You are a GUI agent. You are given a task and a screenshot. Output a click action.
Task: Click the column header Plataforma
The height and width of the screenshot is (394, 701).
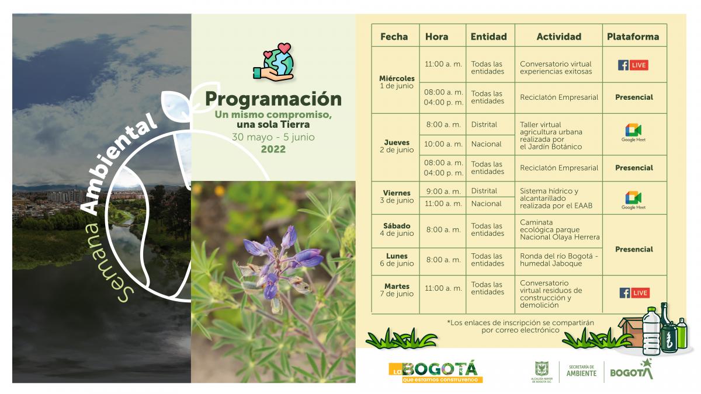tap(633, 37)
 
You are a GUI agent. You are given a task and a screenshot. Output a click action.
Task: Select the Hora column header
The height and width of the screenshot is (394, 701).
tap(436, 37)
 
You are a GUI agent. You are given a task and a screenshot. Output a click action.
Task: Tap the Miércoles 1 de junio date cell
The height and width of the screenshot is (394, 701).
tap(397, 82)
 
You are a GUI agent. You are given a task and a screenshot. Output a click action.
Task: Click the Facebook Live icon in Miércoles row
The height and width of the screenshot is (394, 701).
tap(633, 65)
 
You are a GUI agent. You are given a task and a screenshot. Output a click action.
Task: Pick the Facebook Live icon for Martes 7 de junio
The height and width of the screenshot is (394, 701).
tap(634, 293)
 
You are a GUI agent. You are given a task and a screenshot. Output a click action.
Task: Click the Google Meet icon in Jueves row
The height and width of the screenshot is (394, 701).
tap(633, 133)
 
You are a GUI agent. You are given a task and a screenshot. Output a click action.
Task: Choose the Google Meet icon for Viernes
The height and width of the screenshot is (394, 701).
tap(633, 200)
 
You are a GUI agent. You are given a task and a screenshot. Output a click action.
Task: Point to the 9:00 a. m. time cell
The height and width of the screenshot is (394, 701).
tap(443, 191)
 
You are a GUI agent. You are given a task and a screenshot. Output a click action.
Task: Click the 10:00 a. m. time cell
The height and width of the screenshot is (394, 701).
tap(443, 144)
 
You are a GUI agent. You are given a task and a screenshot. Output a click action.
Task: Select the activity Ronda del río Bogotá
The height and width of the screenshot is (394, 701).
tap(559, 260)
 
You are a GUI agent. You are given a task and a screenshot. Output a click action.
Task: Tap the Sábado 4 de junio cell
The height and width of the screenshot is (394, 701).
tap(397, 229)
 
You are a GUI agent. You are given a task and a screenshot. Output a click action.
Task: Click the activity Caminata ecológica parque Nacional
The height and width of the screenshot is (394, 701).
tap(560, 229)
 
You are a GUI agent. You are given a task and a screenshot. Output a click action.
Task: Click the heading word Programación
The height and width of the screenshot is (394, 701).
tap(273, 99)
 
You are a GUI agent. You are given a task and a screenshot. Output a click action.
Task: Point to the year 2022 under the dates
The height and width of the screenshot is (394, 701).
tap(273, 149)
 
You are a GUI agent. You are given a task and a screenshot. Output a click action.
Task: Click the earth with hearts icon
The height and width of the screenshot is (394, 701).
tap(274, 61)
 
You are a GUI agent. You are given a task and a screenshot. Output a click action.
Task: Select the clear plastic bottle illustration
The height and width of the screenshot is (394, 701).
tap(651, 331)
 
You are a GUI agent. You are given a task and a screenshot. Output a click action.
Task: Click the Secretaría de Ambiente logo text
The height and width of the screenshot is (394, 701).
tap(581, 371)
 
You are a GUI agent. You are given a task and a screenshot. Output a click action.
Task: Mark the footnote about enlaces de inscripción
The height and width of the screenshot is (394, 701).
tap(520, 326)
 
